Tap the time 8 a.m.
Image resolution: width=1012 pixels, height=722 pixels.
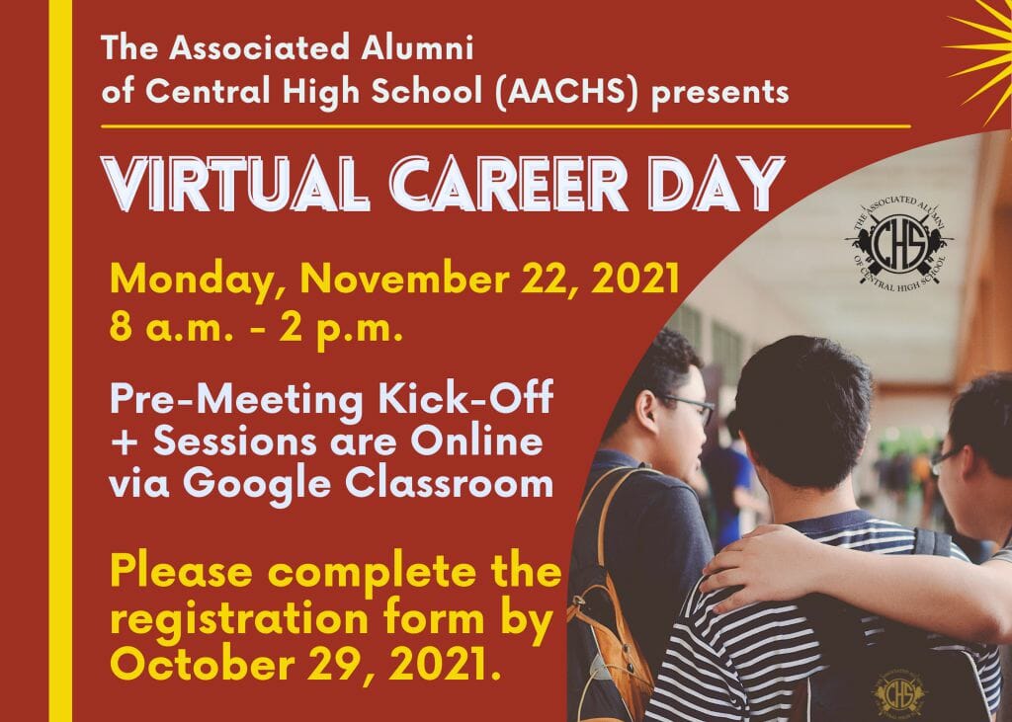pyautogui.click(x=170, y=329)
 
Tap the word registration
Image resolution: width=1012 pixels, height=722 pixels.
pyautogui.click(x=239, y=619)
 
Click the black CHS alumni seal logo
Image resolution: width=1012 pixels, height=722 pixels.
pyautogui.click(x=900, y=244)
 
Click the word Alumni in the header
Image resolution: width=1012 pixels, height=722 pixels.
pyautogui.click(x=417, y=47)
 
